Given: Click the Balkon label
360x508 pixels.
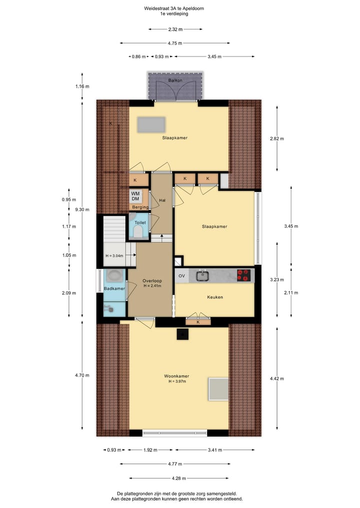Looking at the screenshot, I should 175,80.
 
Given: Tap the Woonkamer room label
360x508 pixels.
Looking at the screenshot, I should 176,376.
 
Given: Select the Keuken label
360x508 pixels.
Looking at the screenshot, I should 215,297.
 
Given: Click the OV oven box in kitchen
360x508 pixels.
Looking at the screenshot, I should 181,275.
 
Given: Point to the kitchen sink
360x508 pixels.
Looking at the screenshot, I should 203,275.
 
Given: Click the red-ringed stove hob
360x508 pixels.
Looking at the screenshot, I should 243,275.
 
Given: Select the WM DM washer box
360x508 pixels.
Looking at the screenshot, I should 135,196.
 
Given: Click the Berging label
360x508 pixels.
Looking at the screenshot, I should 140,207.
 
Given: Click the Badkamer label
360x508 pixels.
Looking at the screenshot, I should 114,289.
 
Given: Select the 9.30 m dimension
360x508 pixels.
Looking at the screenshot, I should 82,209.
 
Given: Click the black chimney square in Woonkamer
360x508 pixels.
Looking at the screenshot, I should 181,334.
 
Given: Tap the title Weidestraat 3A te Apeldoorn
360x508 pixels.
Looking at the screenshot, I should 173,8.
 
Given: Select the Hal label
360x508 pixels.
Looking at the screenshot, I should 162,200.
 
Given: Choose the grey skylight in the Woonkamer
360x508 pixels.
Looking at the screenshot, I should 218,389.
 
